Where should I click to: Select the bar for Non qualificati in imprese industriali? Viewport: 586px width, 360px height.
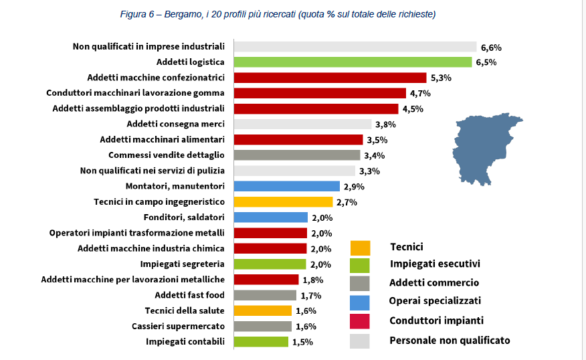355,47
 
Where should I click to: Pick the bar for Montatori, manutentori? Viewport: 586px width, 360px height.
287,186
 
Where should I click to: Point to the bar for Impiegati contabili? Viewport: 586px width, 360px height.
261,342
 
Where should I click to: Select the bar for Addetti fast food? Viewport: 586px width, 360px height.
265,295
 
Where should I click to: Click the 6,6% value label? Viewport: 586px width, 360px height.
490,48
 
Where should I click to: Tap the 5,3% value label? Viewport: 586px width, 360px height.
441,78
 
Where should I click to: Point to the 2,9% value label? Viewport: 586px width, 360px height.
354,187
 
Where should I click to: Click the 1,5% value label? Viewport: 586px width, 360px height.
302,342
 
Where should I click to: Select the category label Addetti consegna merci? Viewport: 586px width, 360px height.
175,124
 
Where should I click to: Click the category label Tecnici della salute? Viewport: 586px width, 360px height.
185,310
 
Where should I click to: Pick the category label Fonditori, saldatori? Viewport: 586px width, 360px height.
184,217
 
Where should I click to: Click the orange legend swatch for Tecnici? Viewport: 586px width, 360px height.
360,248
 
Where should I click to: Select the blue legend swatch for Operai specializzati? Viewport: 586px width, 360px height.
360,302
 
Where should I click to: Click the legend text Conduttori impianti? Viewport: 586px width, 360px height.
436,321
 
